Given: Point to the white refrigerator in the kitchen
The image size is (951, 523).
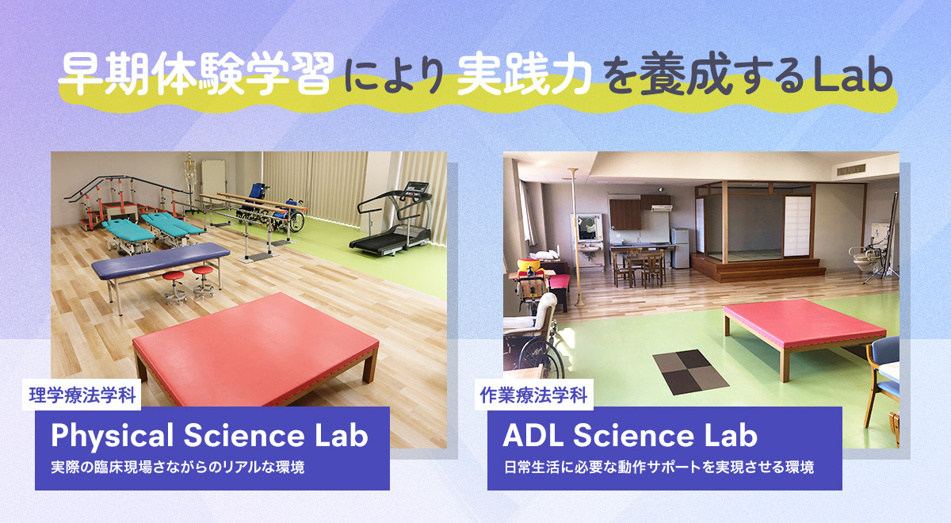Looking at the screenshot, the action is (680, 248).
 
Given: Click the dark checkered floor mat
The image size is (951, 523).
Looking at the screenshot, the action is (690, 372).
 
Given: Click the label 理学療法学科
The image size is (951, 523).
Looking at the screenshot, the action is (82, 395).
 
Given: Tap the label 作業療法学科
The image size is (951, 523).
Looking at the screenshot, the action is (533, 395).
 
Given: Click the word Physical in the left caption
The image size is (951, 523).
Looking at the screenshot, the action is (113, 436).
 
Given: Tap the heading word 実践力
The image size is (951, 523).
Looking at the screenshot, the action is (525, 74).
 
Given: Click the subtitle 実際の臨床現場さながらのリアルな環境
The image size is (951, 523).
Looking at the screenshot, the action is (178, 467).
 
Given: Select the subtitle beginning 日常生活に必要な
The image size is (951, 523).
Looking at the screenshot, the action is (659, 467).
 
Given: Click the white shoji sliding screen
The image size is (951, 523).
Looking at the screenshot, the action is (797, 226).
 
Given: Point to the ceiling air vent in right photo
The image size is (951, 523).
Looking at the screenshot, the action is (851, 169).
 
